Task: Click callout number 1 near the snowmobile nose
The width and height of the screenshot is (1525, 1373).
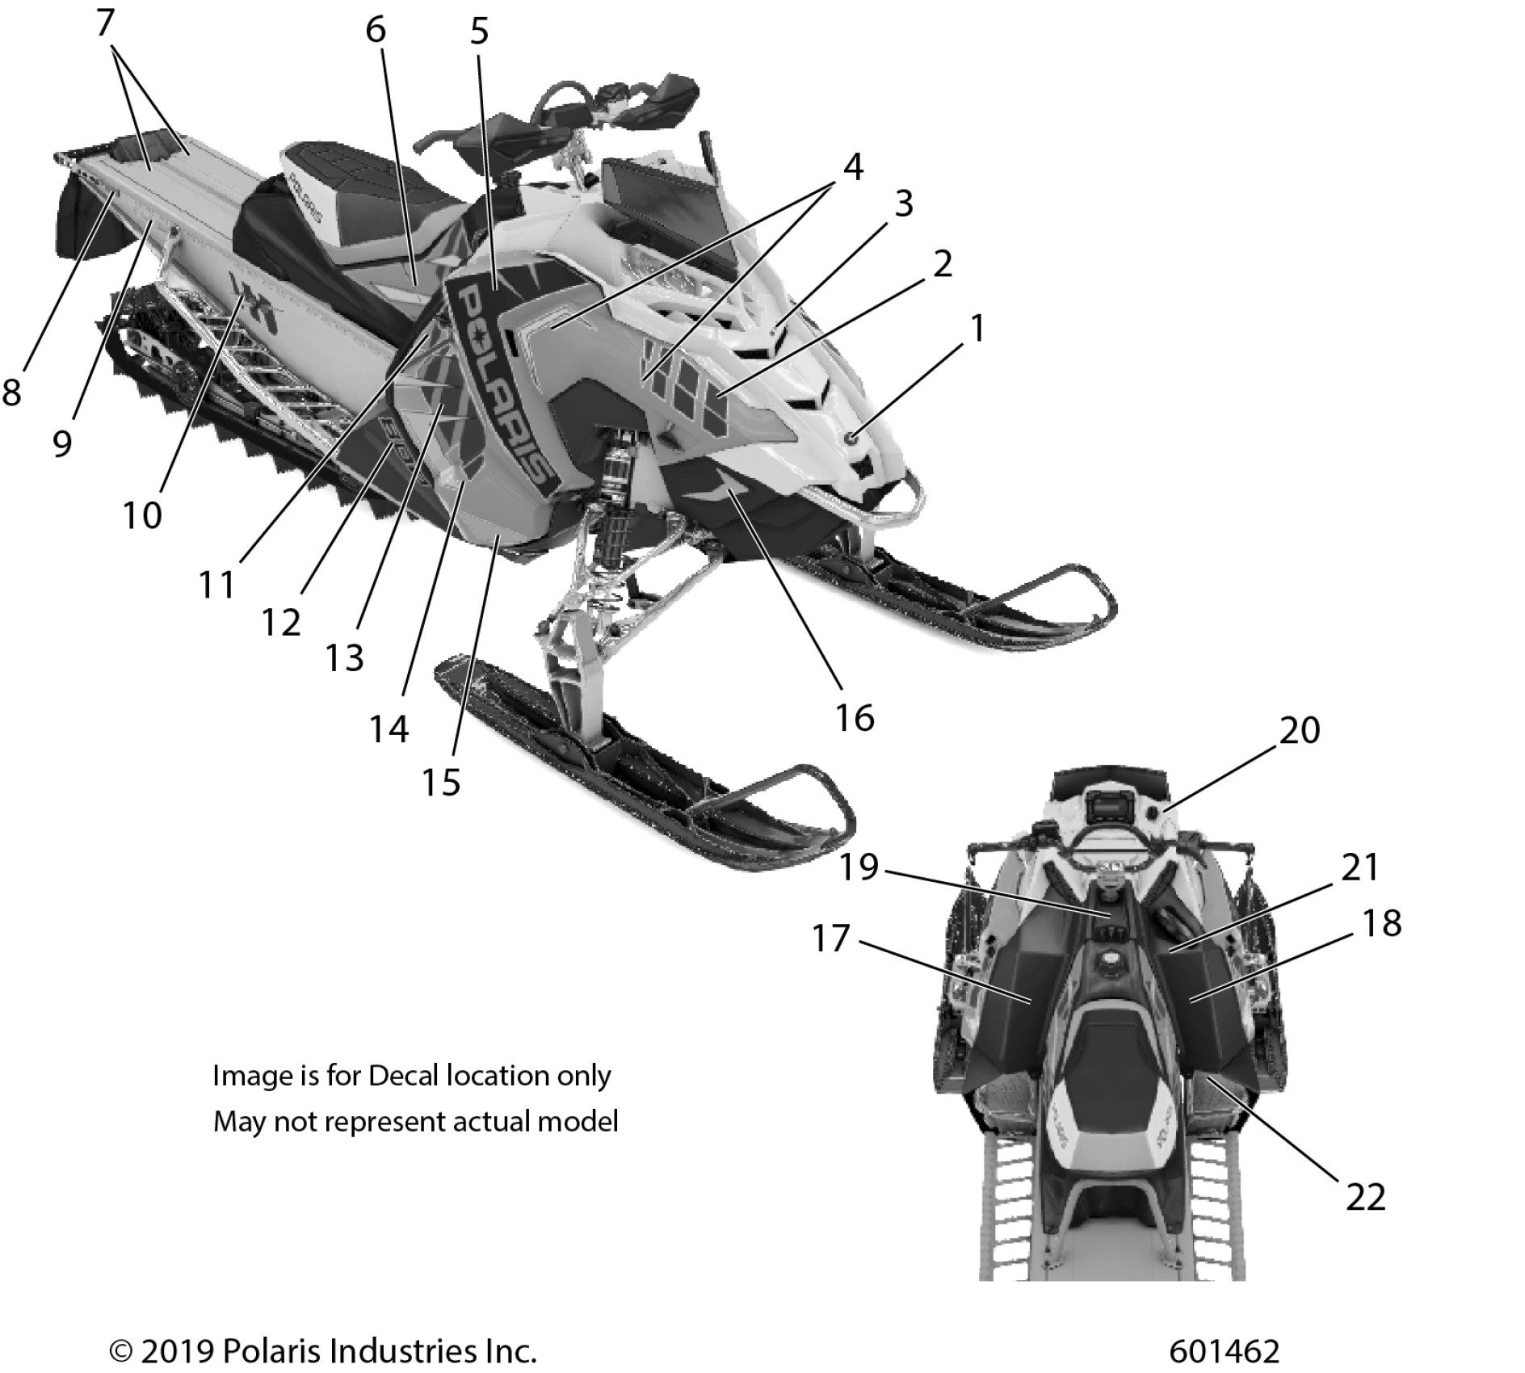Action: point(977,329)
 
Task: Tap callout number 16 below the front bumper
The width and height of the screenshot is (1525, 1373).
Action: point(855,716)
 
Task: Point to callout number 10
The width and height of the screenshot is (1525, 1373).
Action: point(143,514)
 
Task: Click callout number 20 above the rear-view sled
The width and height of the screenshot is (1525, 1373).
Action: point(1300,731)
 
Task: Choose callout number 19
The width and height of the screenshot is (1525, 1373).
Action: point(859,867)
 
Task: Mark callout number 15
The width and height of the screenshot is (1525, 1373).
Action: point(442,782)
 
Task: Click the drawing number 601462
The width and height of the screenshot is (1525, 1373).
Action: point(1224,1350)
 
